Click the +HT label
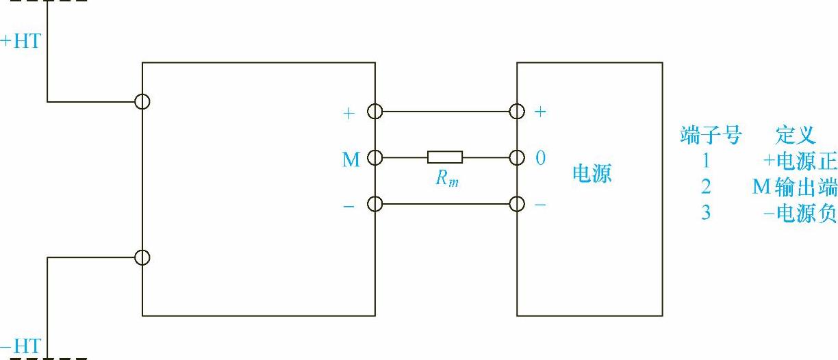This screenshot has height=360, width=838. pos(21,41)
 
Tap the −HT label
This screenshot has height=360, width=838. pos(21,346)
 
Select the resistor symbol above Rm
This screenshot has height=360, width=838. pos(445,157)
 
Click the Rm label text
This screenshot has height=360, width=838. pos(446,179)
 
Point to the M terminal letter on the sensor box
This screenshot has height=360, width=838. pos(351,160)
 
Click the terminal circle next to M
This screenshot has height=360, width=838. pos(375,157)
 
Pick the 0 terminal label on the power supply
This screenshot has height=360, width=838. pos(540,158)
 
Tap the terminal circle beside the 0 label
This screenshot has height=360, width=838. pos(518,157)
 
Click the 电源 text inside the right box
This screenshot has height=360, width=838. pos(592,174)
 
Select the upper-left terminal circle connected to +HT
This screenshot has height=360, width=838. pos(142,102)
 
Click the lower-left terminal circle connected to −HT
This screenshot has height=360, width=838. pos(142,257)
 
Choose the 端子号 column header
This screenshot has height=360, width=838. pos(711,136)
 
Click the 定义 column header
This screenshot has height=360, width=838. pos(796,136)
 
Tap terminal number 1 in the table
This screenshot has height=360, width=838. pos(706,162)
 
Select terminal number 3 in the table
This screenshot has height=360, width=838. pos(706,213)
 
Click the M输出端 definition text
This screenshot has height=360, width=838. pos(794,187)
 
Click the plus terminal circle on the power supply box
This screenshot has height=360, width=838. pos(518,111)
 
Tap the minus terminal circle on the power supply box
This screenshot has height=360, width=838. pos(518,204)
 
